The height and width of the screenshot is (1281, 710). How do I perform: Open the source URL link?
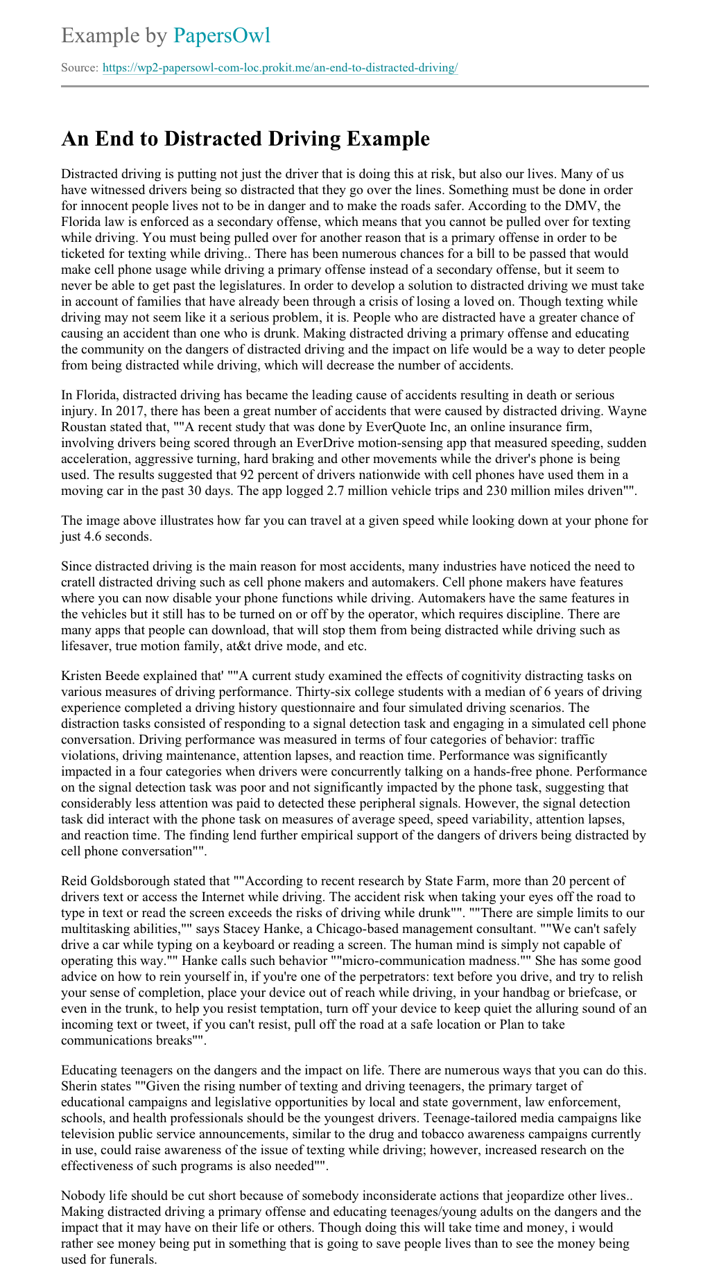point(279,68)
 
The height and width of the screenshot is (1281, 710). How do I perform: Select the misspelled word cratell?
point(80,582)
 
